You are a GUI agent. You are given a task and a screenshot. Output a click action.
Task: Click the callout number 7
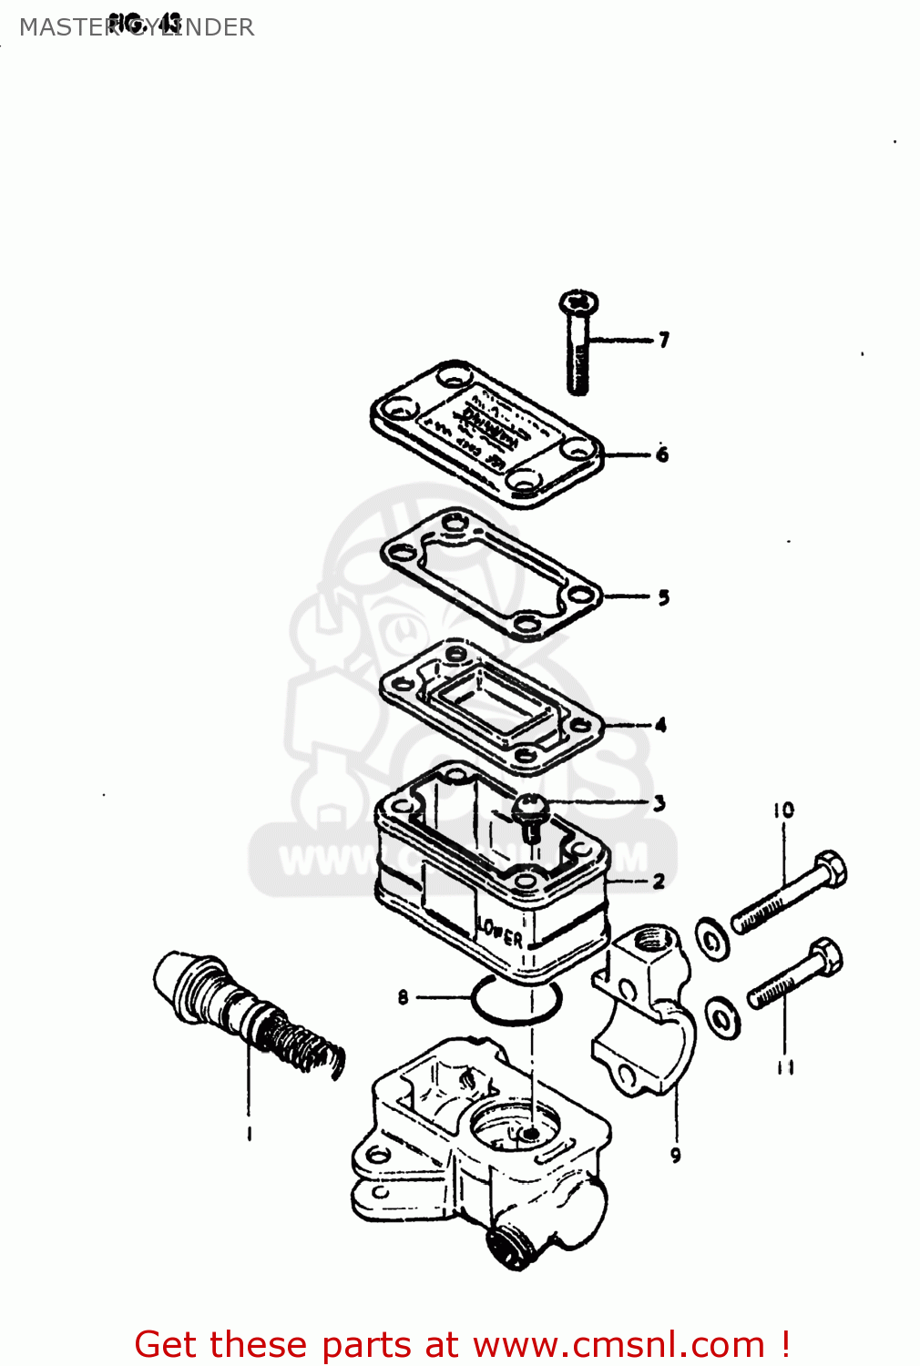point(664,340)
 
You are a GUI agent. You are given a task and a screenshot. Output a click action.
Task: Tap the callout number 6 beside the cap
point(662,454)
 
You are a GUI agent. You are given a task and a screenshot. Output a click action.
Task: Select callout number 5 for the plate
point(663,597)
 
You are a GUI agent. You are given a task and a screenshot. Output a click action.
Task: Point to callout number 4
point(660,725)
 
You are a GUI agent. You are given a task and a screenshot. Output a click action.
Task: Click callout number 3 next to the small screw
point(659,803)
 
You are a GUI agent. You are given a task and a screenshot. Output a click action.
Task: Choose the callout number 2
point(659,881)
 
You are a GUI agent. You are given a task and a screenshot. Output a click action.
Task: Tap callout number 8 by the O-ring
point(403,997)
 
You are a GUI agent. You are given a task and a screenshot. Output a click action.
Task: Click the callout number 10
point(783,810)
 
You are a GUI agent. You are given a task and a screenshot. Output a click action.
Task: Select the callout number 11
point(785,1066)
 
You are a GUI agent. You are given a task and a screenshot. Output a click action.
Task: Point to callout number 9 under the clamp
point(675,1155)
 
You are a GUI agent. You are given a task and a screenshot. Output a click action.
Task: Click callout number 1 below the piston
point(248,1133)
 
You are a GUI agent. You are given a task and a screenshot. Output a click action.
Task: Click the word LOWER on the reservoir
point(500,933)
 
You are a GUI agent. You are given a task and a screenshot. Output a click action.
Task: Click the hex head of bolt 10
point(829,868)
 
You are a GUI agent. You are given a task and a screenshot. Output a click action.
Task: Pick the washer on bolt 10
point(712,940)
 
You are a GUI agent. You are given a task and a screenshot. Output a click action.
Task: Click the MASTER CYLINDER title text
point(137,27)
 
